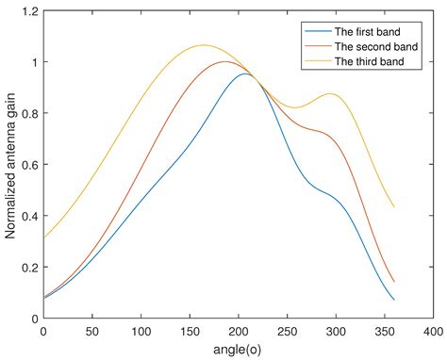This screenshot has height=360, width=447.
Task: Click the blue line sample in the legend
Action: tap(306, 29)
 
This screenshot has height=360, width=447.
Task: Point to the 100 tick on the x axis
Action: tap(141, 332)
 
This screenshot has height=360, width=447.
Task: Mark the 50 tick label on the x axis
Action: tap(92, 332)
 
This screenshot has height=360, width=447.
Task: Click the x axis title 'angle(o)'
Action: tap(239, 350)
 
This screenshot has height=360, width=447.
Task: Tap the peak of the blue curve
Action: tap(245, 74)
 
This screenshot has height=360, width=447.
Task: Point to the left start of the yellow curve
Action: tap(43, 237)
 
